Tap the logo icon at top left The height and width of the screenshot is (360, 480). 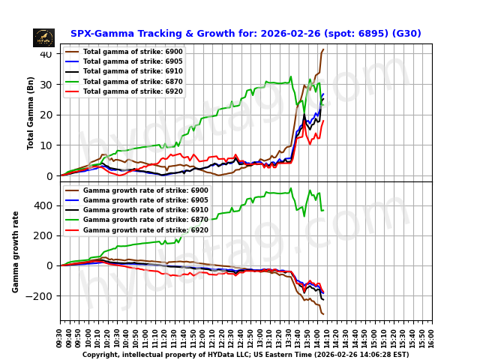click(43, 37)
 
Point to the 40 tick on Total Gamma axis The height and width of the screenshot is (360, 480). click(46, 54)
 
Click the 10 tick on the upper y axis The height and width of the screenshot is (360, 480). click(46, 145)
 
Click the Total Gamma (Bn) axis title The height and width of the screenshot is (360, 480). click(31, 112)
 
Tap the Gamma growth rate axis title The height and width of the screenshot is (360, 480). click(16, 251)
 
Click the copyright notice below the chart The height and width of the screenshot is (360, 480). click(245, 355)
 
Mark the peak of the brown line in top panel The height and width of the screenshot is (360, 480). click(323, 49)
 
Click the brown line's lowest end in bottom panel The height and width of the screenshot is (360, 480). click(323, 313)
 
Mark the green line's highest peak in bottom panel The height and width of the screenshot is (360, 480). click(291, 188)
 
